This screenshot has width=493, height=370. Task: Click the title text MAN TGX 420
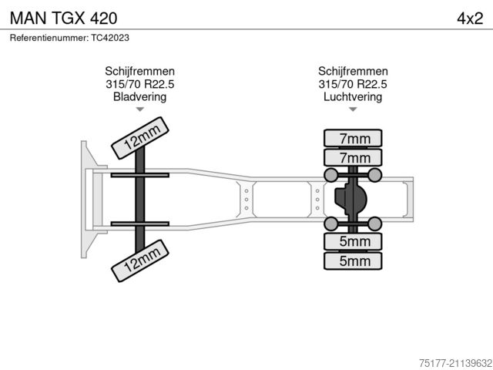[x=64, y=16]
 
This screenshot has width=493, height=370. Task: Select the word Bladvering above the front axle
[x=139, y=97]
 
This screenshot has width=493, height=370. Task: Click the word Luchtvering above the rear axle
[x=353, y=97]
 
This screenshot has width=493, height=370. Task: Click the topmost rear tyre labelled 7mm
[x=352, y=139]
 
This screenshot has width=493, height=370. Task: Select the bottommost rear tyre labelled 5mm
[x=352, y=261]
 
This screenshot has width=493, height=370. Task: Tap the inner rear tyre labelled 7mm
[x=352, y=158]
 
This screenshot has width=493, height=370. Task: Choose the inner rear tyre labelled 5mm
[x=352, y=241]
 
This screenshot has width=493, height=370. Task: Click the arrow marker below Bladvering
[x=139, y=110]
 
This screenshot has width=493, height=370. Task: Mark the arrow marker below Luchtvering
[x=353, y=110]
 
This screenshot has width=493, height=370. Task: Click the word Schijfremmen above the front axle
[x=139, y=71]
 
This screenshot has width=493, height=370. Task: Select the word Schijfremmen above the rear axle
[x=353, y=71]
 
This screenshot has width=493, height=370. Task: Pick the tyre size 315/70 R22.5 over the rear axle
[x=353, y=84]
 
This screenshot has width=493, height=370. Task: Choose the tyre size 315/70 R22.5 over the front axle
[x=139, y=84]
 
